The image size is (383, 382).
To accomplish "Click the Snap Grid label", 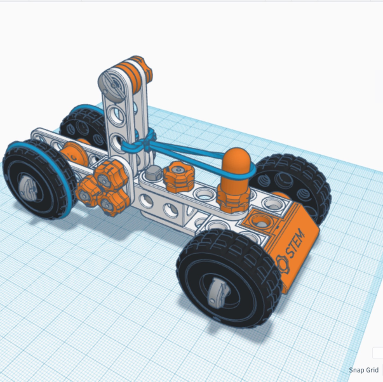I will pos(363,370).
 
